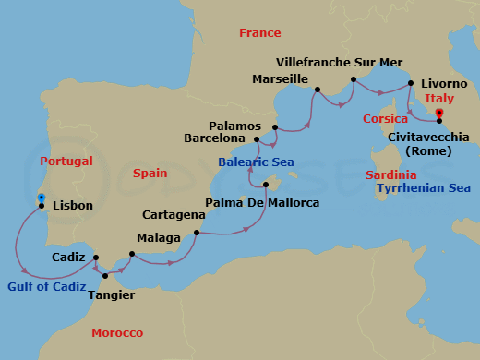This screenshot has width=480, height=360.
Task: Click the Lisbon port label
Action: (73, 205)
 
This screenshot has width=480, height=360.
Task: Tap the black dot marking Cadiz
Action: (97, 258)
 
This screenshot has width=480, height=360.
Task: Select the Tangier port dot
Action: (105, 275)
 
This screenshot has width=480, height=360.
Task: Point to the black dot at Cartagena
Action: (197, 233)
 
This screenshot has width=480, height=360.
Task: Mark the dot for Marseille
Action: (317, 90)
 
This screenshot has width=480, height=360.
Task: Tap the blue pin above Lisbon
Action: (42, 197)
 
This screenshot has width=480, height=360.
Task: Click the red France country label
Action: (259, 32)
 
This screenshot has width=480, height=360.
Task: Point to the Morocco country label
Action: (117, 332)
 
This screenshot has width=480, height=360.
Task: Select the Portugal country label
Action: (67, 161)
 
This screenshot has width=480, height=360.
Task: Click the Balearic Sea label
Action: (256, 162)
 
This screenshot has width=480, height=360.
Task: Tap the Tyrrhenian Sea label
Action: (424, 188)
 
